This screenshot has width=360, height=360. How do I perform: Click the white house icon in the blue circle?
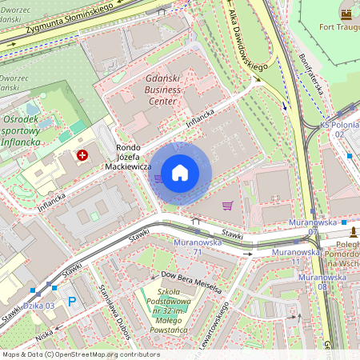pyautogui.click(x=180, y=173)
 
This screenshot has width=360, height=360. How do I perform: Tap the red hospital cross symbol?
pyautogui.click(x=82, y=155)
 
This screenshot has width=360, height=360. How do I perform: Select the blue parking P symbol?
pyautogui.click(x=72, y=302)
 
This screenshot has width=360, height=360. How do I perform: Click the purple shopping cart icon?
pyautogui.click(x=227, y=206)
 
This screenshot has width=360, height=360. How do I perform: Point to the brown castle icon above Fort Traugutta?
pyautogui.click(x=346, y=14)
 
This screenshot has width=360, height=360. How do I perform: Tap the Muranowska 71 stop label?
pyautogui.click(x=197, y=246)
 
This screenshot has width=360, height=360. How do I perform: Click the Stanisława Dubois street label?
pyautogui.click(x=113, y=307)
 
